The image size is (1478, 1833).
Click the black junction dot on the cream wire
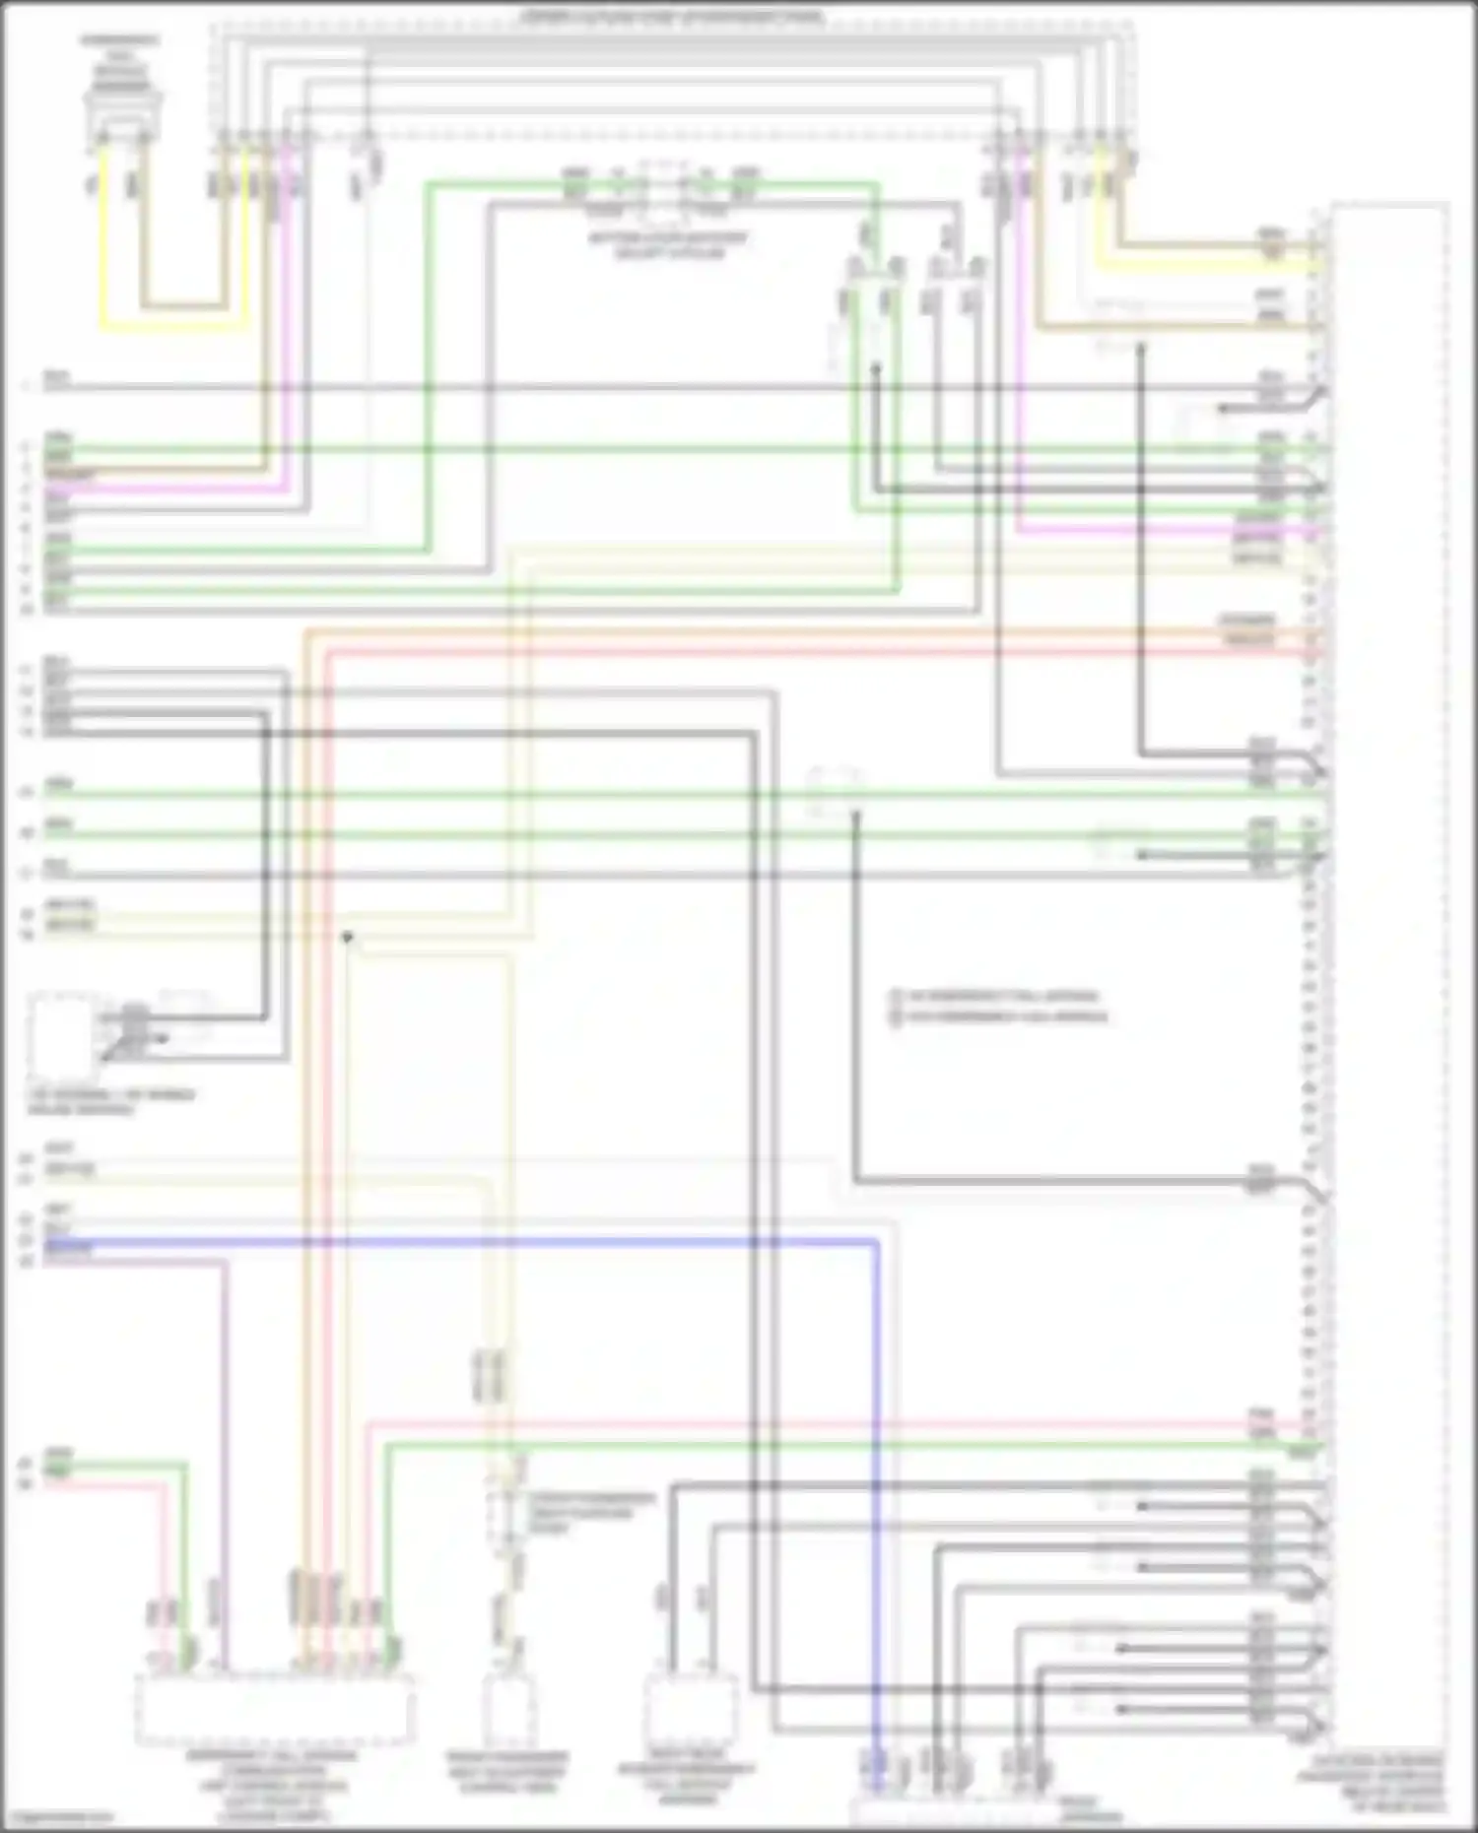pyautogui.click(x=347, y=937)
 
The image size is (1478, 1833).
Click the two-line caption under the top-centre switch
pyautogui.click(x=669, y=245)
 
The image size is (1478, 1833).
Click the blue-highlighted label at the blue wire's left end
pyautogui.click(x=69, y=1244)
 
